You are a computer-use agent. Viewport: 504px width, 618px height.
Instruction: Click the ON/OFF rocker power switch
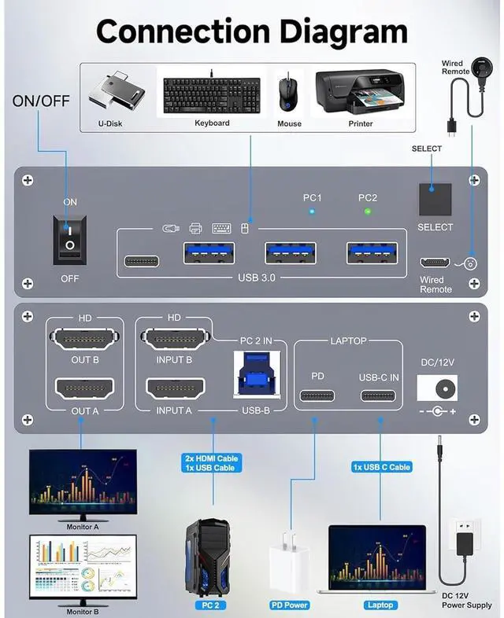pos(70,238)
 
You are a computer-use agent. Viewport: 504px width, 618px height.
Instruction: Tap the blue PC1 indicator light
pos(312,212)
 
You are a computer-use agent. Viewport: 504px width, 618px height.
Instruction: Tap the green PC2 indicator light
pos(367,212)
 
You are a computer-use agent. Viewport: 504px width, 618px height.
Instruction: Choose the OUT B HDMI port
pos(84,340)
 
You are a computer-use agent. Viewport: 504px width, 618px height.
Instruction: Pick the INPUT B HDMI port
pos(175,340)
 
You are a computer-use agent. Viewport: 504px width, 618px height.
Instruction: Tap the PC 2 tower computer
pos(207,561)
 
